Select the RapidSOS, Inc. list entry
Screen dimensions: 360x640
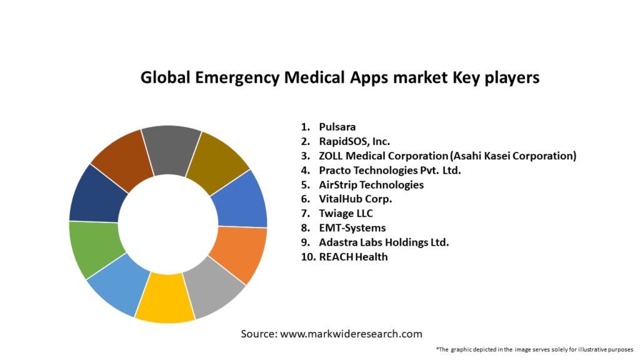(354, 141)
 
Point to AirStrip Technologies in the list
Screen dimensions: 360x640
(371, 184)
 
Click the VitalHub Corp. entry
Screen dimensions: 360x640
(356, 199)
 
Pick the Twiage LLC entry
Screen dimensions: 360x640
(346, 213)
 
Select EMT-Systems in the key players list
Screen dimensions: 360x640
(352, 227)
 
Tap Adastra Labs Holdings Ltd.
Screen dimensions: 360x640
(384, 242)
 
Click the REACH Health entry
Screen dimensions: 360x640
(353, 256)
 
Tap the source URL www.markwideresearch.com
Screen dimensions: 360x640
(351, 334)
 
